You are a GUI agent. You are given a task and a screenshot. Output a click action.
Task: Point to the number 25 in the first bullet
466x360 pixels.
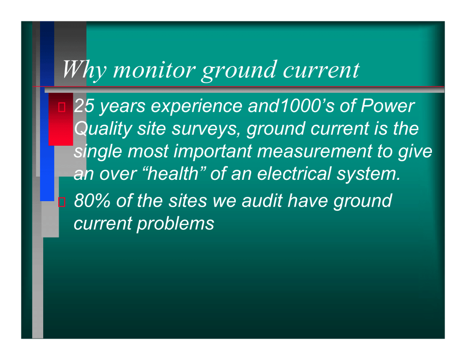click(x=84, y=106)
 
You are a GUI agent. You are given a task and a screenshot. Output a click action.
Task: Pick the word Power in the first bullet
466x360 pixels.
click(x=388, y=106)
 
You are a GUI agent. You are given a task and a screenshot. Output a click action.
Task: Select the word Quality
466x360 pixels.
click(x=103, y=129)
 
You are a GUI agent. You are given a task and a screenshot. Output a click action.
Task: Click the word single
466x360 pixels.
click(x=98, y=152)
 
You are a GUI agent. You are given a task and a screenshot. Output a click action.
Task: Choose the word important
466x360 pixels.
click(x=213, y=152)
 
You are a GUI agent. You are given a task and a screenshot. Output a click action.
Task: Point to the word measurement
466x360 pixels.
click(x=314, y=151)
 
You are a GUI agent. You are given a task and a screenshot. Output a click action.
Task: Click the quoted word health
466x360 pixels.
click(x=173, y=173)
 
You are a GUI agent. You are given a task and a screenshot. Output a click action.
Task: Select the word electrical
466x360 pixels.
click(x=294, y=173)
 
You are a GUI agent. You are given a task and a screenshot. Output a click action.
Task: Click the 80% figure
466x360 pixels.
click(x=92, y=201)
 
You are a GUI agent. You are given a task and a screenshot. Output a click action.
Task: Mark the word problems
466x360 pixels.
click(x=175, y=224)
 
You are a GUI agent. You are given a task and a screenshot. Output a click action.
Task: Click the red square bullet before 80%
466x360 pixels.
click(x=62, y=202)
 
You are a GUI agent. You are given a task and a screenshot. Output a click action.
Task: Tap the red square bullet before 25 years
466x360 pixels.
click(x=62, y=107)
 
